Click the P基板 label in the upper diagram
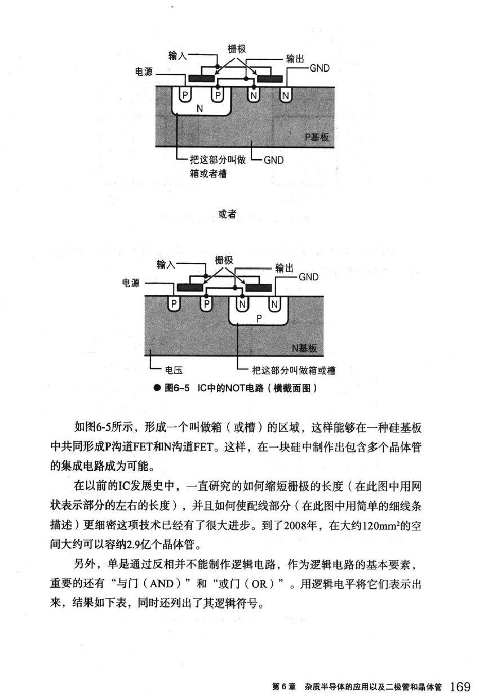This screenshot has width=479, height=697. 317,137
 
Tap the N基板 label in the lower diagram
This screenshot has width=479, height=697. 304,349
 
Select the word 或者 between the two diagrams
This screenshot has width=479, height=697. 227,214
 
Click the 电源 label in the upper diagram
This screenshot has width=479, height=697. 145,73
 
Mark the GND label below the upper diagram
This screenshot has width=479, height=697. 273,160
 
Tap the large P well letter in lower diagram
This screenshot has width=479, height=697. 259,318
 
